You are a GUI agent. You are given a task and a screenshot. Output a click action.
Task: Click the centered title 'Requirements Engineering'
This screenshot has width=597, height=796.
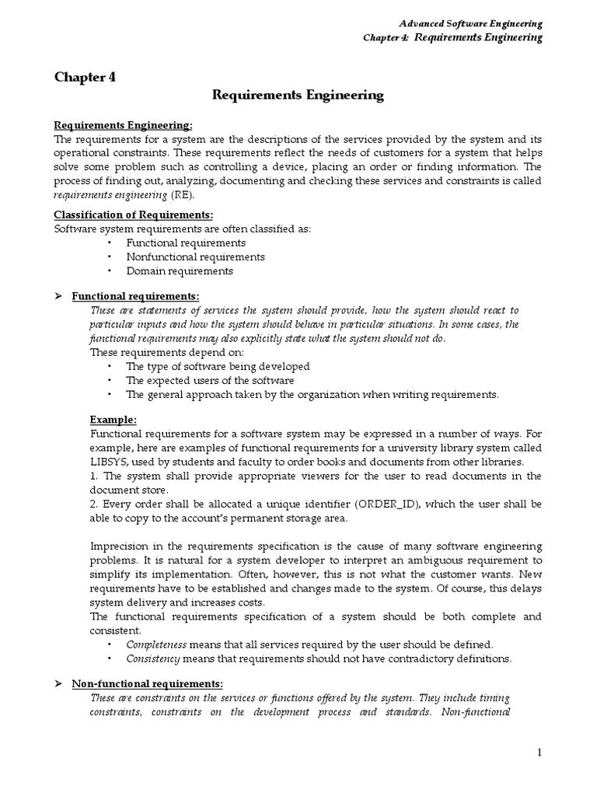298,96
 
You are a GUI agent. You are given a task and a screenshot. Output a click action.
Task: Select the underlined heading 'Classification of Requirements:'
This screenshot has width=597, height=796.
133,215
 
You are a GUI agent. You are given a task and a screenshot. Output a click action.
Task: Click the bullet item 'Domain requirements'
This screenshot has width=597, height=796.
179,271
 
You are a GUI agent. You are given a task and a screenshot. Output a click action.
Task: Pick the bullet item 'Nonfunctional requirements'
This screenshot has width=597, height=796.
195,257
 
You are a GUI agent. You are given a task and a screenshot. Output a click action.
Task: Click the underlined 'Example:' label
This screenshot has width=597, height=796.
113,420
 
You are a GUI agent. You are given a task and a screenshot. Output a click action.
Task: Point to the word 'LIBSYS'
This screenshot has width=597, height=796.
110,449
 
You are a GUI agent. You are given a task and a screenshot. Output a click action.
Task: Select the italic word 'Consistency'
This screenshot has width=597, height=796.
153,658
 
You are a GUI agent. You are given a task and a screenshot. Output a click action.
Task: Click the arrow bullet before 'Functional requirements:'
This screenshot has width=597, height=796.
58,296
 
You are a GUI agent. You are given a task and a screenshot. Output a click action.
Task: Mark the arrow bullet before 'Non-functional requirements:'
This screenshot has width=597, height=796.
58,684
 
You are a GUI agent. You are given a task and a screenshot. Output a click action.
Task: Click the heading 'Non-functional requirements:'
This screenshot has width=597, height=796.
147,684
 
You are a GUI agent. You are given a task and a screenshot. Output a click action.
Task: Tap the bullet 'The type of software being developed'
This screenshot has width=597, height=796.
218,366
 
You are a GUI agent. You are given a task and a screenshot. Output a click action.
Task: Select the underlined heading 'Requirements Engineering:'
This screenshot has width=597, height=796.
122,126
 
